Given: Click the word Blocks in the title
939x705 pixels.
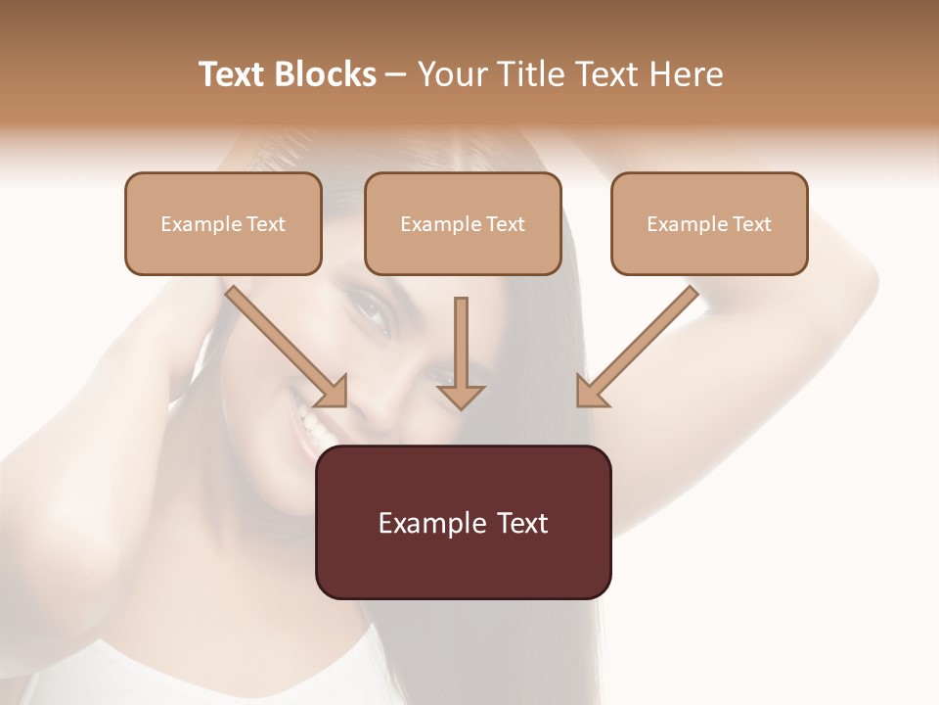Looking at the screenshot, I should (x=327, y=74).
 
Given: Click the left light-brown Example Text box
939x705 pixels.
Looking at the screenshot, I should (x=223, y=224).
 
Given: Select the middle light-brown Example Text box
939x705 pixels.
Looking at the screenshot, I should (x=463, y=224).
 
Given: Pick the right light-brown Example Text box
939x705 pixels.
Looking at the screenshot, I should (x=709, y=224).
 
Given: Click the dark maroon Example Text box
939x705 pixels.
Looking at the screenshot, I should (x=464, y=522).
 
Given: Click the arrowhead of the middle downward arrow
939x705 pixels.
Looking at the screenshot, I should (x=461, y=396).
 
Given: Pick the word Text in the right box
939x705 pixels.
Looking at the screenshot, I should (x=751, y=224).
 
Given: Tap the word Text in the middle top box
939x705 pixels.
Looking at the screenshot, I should (x=505, y=224).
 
